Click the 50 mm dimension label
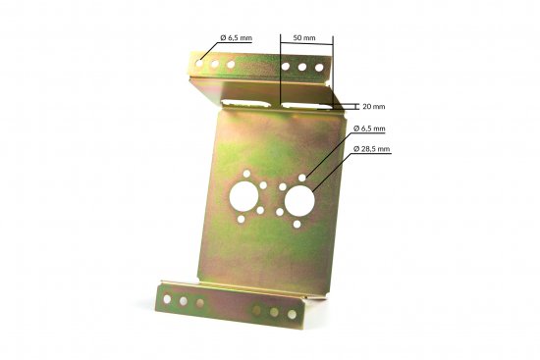pyautogui.click(x=304, y=38)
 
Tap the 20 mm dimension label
pyautogui.click(x=373, y=105)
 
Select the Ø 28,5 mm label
pyautogui.click(x=371, y=149)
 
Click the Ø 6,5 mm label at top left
pyautogui.click(x=236, y=37)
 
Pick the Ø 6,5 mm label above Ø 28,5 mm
pyautogui.click(x=371, y=129)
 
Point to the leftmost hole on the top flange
pyautogui.click(x=200, y=62)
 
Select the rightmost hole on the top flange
pyautogui.click(x=319, y=68)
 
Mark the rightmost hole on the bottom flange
pyautogui.click(x=292, y=314)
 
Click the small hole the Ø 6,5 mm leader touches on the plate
pyautogui.click(x=304, y=178)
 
